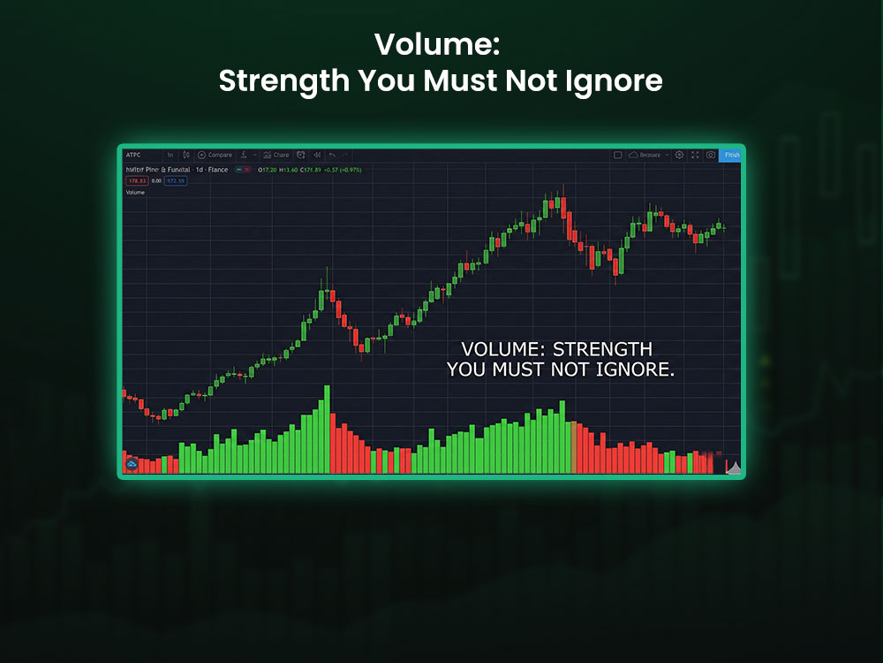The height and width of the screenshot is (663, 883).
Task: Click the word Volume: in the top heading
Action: click(x=437, y=44)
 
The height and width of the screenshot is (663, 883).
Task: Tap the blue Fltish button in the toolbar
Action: click(x=731, y=155)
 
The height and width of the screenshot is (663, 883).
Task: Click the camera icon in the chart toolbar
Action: click(x=711, y=155)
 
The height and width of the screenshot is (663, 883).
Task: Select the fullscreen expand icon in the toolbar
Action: click(x=695, y=155)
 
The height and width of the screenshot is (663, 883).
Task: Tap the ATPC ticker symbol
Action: click(x=133, y=155)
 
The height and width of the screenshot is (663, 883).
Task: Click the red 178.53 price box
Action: click(x=137, y=180)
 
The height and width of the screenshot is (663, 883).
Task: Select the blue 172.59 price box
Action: click(x=176, y=180)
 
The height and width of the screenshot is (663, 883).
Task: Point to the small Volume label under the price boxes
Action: click(x=135, y=192)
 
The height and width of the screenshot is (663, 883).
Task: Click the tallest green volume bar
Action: click(x=327, y=429)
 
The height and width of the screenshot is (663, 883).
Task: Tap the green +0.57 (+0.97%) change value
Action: click(x=343, y=169)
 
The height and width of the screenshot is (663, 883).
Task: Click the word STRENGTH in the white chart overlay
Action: click(x=602, y=350)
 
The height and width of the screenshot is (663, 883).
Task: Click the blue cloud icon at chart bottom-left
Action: click(x=132, y=463)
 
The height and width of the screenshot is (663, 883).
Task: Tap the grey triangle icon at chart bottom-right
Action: click(x=733, y=468)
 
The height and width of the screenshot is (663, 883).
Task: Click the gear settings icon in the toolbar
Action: click(x=679, y=155)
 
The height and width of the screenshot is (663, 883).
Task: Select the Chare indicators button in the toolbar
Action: click(x=275, y=155)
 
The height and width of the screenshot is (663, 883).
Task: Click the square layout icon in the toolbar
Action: click(x=618, y=155)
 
